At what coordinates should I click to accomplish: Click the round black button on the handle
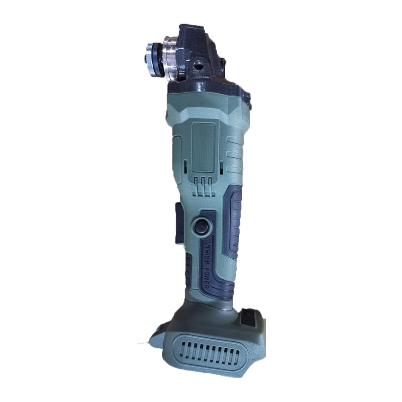point(202,226)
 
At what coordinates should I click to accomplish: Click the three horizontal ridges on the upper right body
point(234,149)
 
